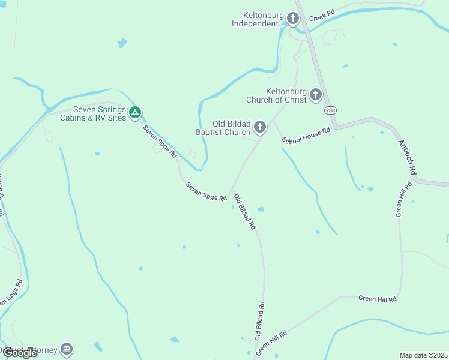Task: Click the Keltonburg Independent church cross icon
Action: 293,19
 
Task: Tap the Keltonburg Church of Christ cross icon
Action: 315,95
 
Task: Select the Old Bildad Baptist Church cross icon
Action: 260,127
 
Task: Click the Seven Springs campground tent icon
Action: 136,112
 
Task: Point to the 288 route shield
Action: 330,111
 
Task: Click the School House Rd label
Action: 307,135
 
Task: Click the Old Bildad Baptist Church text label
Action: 223,128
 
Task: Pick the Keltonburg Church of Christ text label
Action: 276,95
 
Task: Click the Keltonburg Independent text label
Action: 259,19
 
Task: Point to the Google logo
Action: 20,353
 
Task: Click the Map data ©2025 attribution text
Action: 423,355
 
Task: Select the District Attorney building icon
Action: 67,349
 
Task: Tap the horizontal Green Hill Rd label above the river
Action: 378,299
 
